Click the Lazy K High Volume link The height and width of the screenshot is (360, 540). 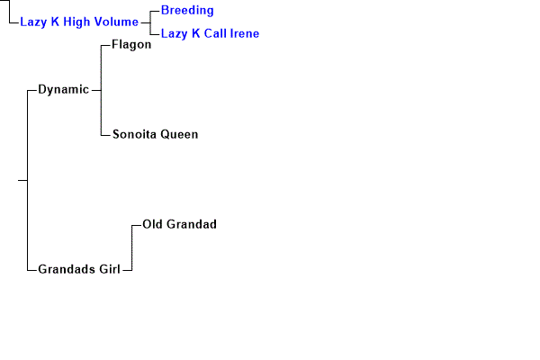(79, 22)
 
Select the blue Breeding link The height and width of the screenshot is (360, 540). (187, 10)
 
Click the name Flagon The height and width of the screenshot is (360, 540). (131, 44)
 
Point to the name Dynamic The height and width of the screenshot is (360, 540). (63, 89)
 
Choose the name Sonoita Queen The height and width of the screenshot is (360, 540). (155, 134)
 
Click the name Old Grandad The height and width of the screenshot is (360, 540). (180, 224)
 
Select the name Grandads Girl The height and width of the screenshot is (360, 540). (79, 269)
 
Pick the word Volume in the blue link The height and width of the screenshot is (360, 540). (117, 22)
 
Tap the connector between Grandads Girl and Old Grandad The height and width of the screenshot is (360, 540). (131, 247)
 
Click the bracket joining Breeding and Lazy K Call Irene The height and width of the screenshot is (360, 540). (151, 22)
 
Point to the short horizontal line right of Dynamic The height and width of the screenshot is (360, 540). (96, 89)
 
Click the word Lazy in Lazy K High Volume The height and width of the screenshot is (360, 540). (33, 22)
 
